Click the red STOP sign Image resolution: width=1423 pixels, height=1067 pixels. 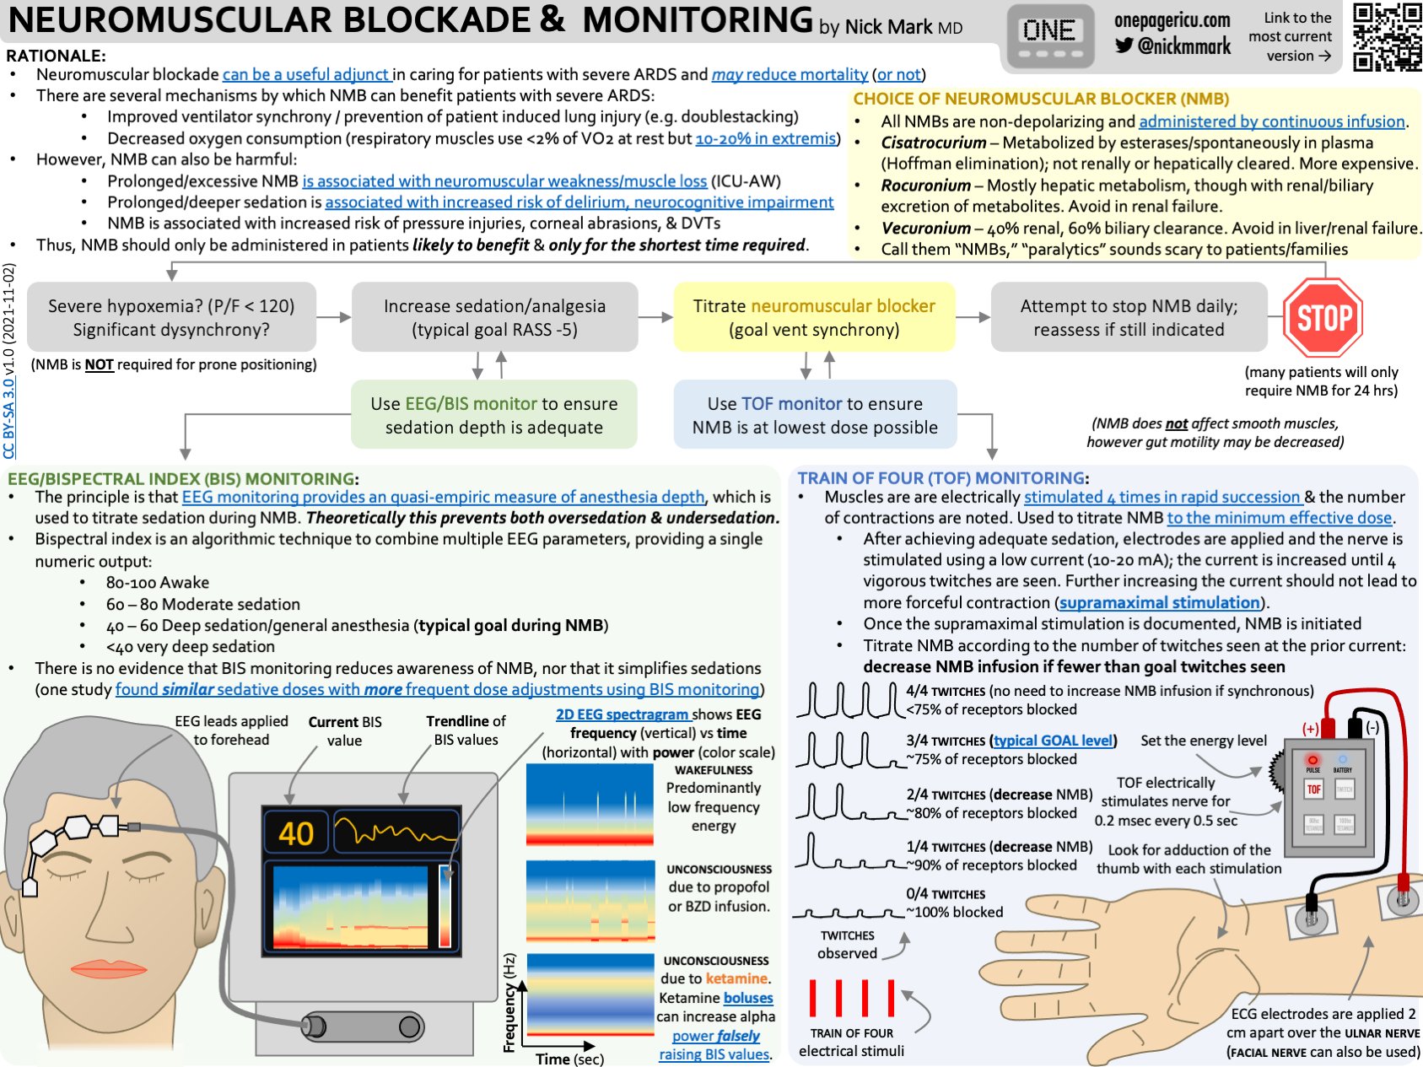click(x=1323, y=318)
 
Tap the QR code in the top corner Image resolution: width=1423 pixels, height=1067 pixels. click(x=1387, y=36)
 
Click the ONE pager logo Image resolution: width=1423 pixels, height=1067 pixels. click(x=1048, y=38)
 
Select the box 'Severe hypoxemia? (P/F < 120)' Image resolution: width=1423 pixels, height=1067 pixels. click(x=171, y=317)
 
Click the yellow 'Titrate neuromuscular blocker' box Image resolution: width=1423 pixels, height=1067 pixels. click(x=814, y=317)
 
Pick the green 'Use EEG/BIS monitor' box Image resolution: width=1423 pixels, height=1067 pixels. click(x=493, y=415)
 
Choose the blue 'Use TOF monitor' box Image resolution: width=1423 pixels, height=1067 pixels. click(x=815, y=415)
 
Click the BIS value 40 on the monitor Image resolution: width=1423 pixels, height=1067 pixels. click(x=295, y=833)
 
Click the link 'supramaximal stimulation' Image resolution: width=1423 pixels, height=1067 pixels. click(x=1160, y=602)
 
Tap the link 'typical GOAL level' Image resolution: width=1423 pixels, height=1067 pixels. click(x=1054, y=741)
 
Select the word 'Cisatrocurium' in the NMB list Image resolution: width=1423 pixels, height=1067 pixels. click(x=933, y=143)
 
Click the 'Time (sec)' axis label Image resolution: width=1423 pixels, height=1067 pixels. click(x=569, y=1059)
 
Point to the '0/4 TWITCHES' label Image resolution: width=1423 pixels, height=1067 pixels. click(x=945, y=894)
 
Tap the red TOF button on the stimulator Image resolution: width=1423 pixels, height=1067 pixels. click(x=1313, y=789)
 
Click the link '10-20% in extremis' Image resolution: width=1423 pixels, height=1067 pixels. click(x=766, y=138)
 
